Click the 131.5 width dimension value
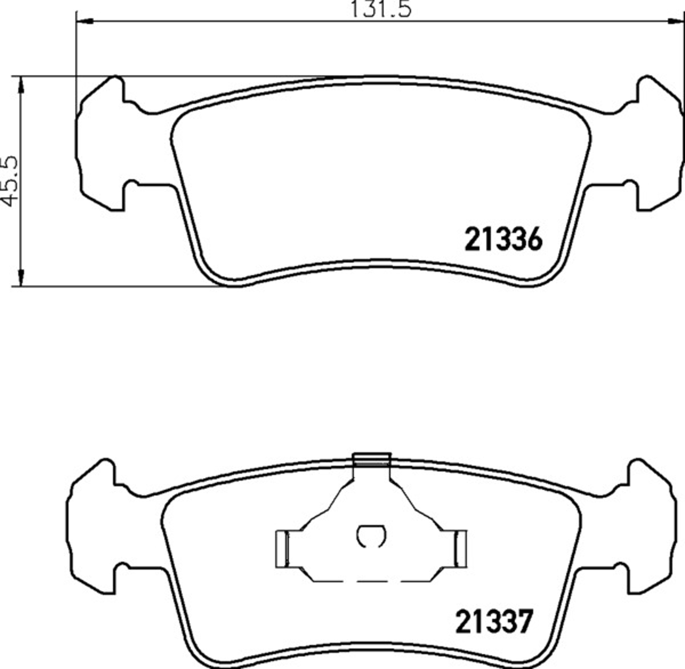[381, 9]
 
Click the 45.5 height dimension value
[10, 181]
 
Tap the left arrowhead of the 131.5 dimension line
[84, 22]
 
